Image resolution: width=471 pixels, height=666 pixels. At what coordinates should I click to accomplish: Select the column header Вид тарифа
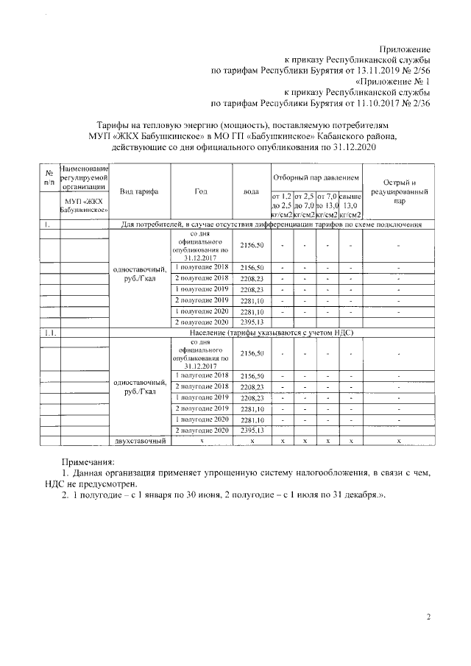tap(139, 191)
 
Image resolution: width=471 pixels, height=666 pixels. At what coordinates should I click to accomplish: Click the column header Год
tap(201, 191)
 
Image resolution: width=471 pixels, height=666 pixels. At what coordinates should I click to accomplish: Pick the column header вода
tap(251, 191)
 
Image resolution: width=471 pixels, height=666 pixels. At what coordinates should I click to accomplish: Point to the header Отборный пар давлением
tap(316, 178)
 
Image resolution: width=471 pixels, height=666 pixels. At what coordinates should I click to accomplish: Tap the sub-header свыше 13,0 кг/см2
tap(351, 205)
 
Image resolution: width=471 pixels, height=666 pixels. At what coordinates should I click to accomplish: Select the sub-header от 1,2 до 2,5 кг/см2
tap(283, 205)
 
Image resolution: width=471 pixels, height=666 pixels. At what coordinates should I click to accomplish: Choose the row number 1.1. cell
tap(49, 333)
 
